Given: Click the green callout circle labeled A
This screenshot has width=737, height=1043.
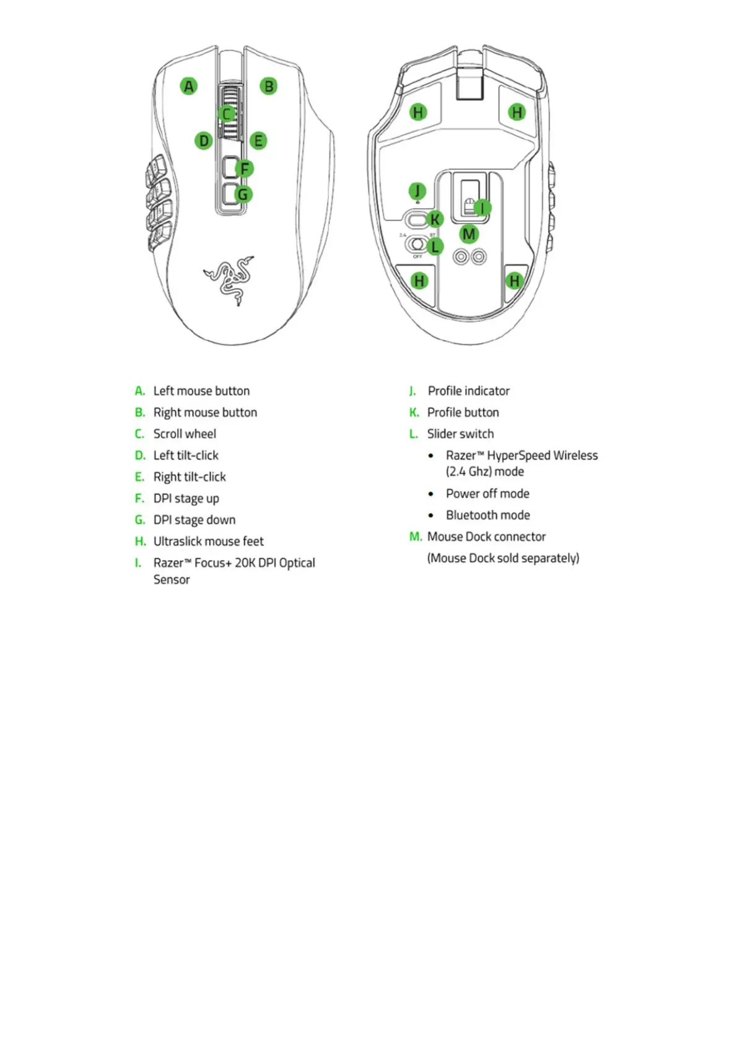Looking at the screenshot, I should click(189, 86).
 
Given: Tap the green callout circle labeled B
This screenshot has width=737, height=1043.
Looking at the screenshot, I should click(268, 86).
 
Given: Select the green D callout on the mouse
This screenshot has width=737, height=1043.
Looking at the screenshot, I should click(203, 141).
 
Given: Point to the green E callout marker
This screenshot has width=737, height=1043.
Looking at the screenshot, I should click(258, 141).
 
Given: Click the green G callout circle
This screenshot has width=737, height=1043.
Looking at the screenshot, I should click(243, 194).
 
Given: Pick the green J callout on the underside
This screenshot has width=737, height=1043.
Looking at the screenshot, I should click(417, 191).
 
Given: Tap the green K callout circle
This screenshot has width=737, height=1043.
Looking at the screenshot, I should click(435, 219).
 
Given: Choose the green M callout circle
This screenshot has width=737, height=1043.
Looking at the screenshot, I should click(469, 234).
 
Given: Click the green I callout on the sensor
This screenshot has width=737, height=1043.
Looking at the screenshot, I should click(482, 208).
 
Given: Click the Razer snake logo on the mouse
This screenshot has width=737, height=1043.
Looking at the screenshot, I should click(229, 279).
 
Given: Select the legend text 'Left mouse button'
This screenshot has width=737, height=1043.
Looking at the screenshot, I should click(201, 391).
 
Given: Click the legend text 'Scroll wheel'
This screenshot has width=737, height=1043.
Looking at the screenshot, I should click(185, 434).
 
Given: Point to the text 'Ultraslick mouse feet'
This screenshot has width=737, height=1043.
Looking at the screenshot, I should click(208, 541).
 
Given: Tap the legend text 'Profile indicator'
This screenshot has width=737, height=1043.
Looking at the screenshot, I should click(468, 391).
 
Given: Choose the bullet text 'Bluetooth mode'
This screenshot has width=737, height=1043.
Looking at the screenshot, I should click(487, 515).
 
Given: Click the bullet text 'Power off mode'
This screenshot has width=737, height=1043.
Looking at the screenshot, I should click(487, 494).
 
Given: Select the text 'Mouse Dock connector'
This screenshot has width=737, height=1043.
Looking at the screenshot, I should click(486, 536).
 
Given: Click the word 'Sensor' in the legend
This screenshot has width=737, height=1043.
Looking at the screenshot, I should click(172, 580).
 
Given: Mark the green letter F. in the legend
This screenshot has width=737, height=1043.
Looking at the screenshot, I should click(139, 499).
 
